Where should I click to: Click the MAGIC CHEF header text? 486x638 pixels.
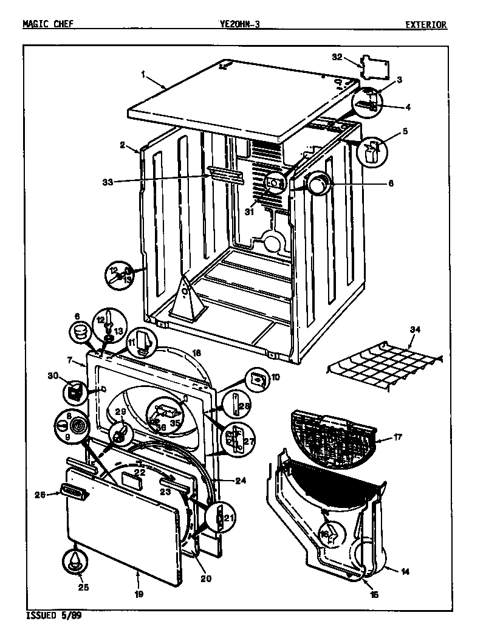49,25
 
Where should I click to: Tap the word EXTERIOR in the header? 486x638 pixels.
426,25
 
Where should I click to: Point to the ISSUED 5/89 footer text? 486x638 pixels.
54,616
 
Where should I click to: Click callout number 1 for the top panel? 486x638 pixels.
143,74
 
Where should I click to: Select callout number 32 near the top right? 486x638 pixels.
337,57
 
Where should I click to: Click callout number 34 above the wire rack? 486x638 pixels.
415,330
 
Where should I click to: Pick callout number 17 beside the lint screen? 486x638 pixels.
398,436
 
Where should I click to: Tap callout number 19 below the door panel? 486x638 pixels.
139,594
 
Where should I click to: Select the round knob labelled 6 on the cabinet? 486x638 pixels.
317,182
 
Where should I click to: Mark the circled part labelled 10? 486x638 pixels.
258,379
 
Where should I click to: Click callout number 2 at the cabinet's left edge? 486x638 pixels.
122,145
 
